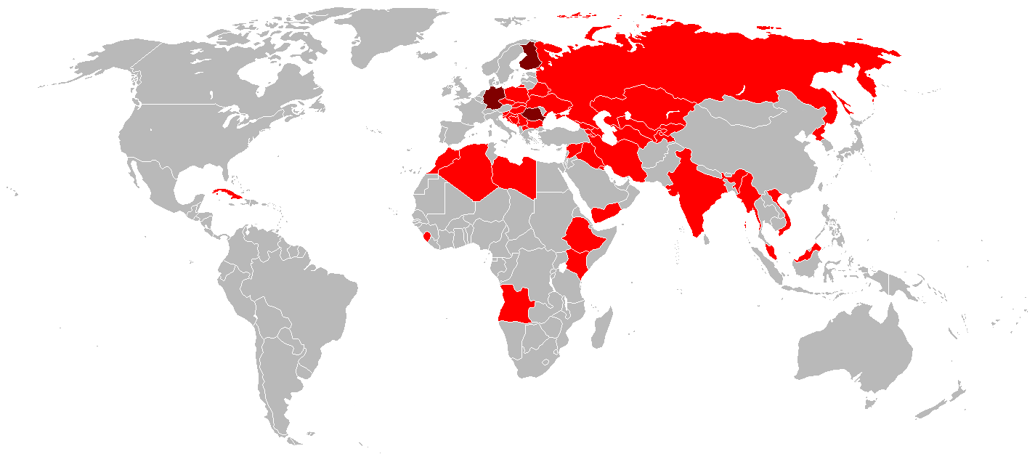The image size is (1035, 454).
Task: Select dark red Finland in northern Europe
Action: (x=531, y=58)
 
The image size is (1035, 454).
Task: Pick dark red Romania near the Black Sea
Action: (x=535, y=114)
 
